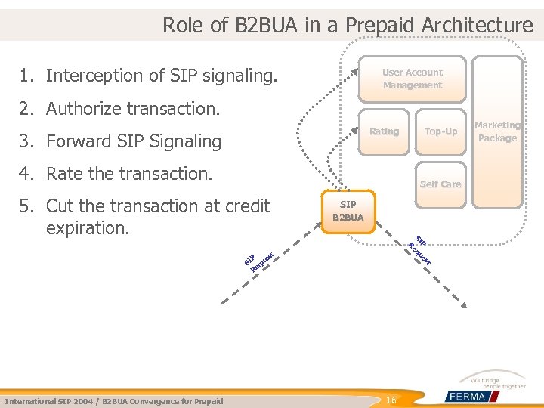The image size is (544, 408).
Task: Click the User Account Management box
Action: [412, 79]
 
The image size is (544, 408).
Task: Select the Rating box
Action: [384, 131]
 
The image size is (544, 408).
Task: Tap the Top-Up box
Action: [440, 131]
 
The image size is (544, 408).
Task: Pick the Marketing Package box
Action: [497, 131]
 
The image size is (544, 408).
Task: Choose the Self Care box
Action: [440, 184]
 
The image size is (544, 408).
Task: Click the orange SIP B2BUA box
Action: [348, 211]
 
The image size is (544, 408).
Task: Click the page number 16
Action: [391, 400]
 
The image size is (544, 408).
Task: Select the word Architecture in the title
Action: [478, 25]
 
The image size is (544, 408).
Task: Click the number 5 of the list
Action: [27, 206]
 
